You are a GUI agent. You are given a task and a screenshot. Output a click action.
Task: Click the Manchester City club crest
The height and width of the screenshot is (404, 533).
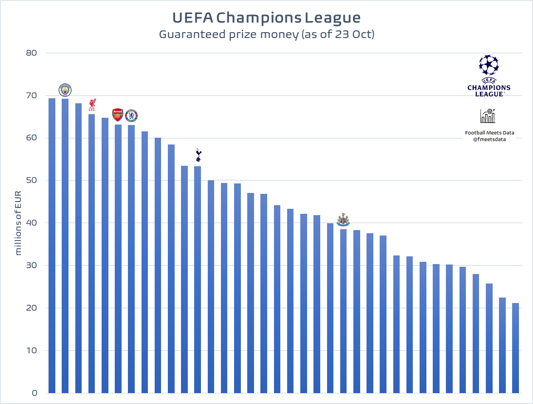pyautogui.click(x=65, y=90)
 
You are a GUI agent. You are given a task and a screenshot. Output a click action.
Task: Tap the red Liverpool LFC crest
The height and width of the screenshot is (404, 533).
pyautogui.click(x=92, y=105)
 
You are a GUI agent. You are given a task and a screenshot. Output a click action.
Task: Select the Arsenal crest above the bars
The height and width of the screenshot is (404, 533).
pyautogui.click(x=117, y=115)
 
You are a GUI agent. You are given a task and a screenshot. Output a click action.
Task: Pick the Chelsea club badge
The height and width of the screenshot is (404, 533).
pyautogui.click(x=131, y=115)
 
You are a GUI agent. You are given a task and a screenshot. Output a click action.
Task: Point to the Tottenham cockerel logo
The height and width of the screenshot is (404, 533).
pyautogui.click(x=198, y=155)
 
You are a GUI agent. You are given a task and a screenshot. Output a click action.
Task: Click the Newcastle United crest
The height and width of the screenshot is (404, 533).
pyautogui.click(x=343, y=220)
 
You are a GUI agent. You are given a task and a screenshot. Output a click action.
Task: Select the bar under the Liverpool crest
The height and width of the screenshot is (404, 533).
pyautogui.click(x=92, y=254)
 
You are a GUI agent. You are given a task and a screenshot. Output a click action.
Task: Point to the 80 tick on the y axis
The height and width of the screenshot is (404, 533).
pyautogui.click(x=31, y=53)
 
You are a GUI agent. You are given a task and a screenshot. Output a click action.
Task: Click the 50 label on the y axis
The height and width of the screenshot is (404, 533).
pyautogui.click(x=31, y=180)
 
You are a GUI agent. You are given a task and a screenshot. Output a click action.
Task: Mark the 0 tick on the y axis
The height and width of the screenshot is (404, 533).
pyautogui.click(x=34, y=393)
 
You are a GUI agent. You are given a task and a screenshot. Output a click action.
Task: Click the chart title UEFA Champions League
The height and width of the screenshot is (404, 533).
pyautogui.click(x=266, y=18)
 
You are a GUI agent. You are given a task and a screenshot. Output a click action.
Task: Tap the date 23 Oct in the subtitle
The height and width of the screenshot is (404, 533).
pyautogui.click(x=353, y=34)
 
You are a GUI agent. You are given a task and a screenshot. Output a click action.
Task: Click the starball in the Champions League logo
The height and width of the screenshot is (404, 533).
pyautogui.click(x=489, y=65)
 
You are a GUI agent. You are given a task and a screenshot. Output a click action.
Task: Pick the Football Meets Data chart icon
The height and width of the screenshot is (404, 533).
pyautogui.click(x=488, y=116)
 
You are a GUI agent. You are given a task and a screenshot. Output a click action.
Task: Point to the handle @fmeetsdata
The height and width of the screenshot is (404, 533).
pyautogui.click(x=489, y=139)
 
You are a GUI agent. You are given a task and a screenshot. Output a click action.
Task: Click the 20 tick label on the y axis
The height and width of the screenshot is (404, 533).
pyautogui.click(x=31, y=308)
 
